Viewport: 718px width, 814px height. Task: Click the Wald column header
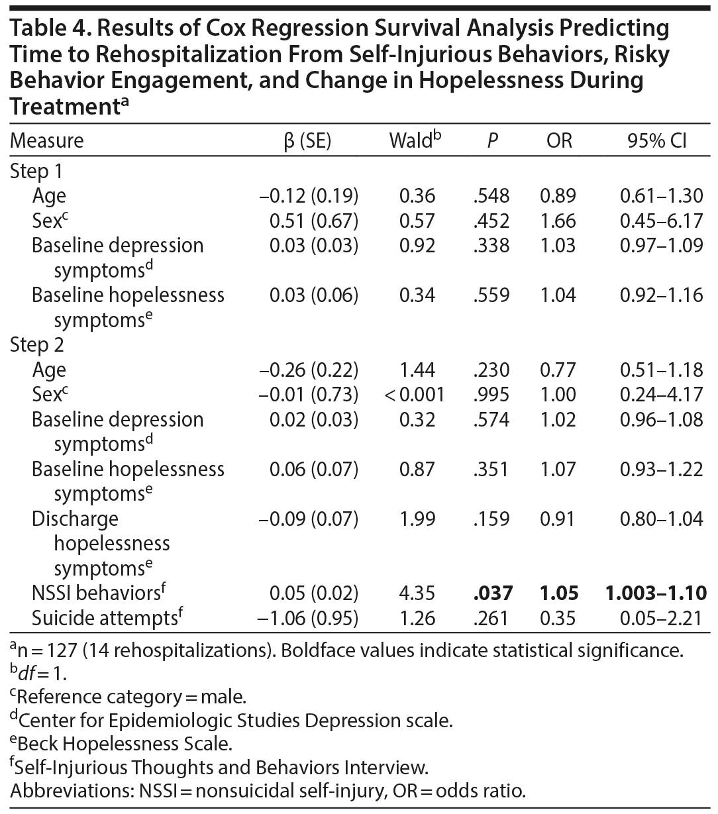415,140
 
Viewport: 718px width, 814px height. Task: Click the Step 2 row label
37,345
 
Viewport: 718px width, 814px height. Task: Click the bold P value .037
491,593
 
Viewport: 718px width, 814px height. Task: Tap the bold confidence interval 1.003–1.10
655,593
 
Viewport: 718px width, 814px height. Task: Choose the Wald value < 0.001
414,395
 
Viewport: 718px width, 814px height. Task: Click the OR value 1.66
558,221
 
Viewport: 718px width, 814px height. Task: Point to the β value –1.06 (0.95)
308,618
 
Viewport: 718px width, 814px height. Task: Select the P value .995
491,395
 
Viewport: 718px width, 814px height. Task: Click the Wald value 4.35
417,593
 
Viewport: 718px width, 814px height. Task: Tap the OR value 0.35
558,618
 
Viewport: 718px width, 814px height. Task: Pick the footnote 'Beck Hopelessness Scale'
121,743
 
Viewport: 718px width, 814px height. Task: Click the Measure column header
47,140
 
